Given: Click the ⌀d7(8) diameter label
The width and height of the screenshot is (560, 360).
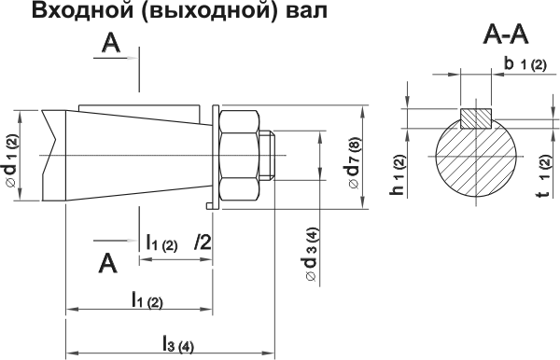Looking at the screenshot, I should click(356, 164).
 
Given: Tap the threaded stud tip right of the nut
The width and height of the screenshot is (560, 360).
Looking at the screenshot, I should click(270, 156).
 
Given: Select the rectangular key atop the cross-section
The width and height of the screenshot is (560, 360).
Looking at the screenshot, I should click(476, 118).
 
